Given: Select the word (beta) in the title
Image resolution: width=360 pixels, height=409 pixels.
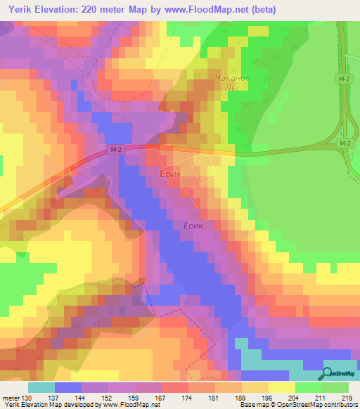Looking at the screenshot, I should click(x=264, y=9).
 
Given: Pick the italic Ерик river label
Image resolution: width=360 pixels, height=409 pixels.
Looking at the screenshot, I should click(x=193, y=226).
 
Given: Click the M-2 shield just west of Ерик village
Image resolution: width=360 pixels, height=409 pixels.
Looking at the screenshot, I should click(x=116, y=150).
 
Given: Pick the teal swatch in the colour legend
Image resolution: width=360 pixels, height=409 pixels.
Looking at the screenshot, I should click(x=41, y=387).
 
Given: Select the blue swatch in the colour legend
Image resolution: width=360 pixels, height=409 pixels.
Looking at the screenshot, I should click(x=67, y=387).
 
